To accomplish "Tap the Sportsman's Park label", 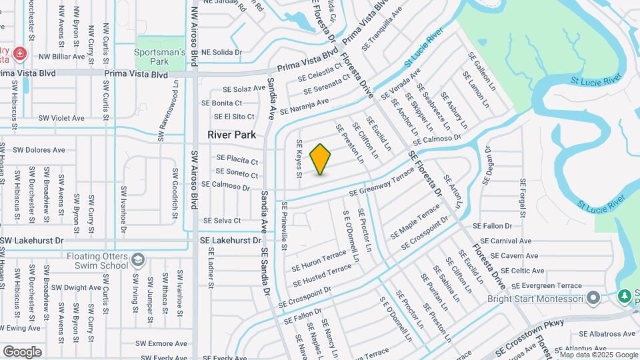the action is coord(159,57).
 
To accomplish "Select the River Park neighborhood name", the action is coord(231,135).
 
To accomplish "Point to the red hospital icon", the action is coord(20,52).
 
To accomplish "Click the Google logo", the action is coord(22,351).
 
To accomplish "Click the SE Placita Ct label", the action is coord(237,160).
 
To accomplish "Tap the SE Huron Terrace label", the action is coord(319,261).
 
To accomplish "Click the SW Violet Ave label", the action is coord(61,118).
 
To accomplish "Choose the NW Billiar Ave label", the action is coord(62,57).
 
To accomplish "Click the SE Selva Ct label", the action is coord(221,221).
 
